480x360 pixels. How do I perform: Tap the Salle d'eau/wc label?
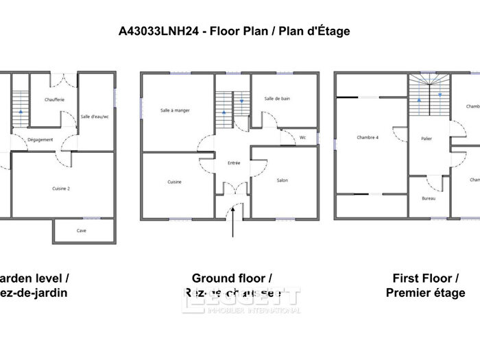95,117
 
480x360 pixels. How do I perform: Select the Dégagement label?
40,140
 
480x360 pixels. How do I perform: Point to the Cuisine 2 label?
62,188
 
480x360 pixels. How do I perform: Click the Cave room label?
82,231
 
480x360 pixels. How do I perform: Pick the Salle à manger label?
175,110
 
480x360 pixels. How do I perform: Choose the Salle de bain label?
277,99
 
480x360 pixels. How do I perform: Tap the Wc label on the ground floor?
302,138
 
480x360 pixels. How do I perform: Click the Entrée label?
235,163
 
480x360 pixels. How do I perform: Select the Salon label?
282,181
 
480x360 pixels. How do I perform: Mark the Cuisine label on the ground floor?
175,182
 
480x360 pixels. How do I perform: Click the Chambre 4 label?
368,138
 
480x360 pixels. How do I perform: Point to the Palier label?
427,139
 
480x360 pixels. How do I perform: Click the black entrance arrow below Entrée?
235,219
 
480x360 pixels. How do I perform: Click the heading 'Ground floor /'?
232,278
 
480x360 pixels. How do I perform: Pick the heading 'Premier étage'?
425,293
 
